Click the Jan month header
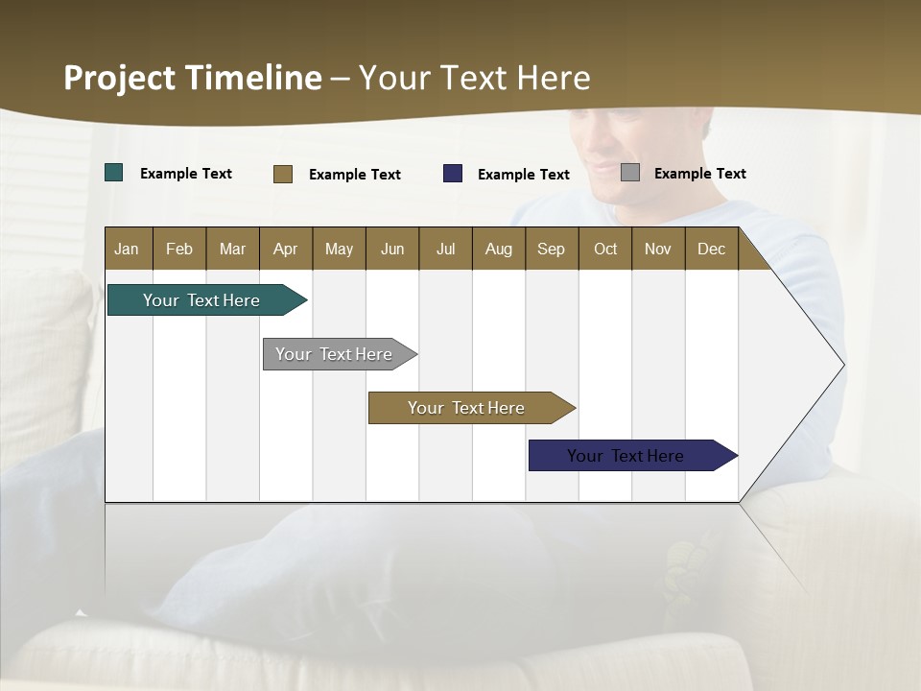point(128,249)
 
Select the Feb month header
point(179,249)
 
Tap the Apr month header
point(285,249)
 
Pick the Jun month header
point(392,249)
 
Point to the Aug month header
point(498,249)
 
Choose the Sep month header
point(551,249)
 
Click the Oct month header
point(605,249)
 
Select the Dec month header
point(711,249)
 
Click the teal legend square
point(114,173)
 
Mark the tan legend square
point(283,174)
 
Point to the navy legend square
point(453,174)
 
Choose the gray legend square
point(630,173)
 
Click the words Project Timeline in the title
point(193,78)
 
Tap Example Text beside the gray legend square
point(700,173)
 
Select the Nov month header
point(658,249)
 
